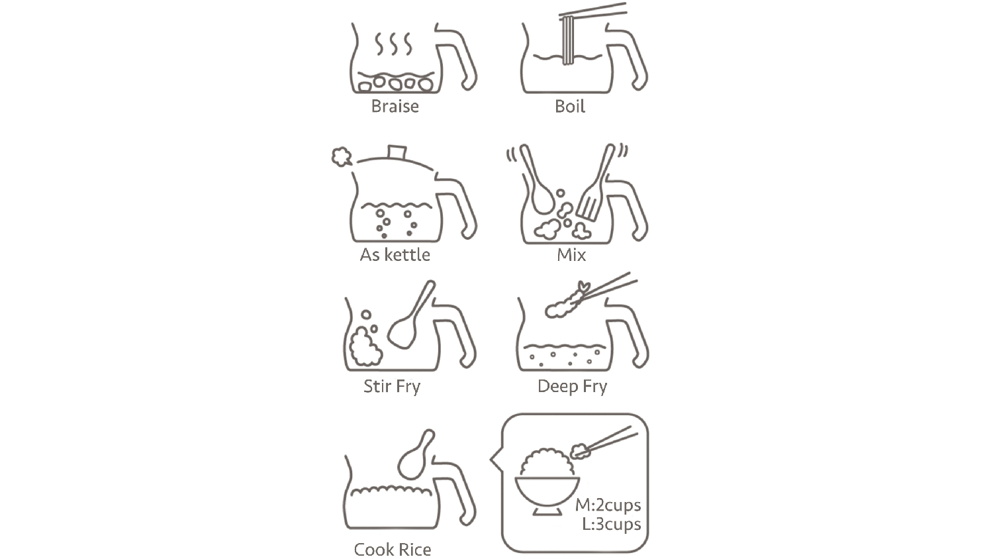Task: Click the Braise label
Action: (395, 107)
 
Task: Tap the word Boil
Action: (570, 107)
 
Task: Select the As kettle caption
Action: (395, 255)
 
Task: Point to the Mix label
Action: (571, 255)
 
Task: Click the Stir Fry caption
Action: (392, 386)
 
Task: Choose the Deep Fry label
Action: (573, 386)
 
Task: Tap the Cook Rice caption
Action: (393, 550)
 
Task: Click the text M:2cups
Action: (608, 505)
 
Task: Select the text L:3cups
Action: (612, 524)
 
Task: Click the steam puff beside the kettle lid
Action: (342, 156)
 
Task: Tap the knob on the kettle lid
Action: (397, 152)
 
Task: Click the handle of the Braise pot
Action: (457, 56)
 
